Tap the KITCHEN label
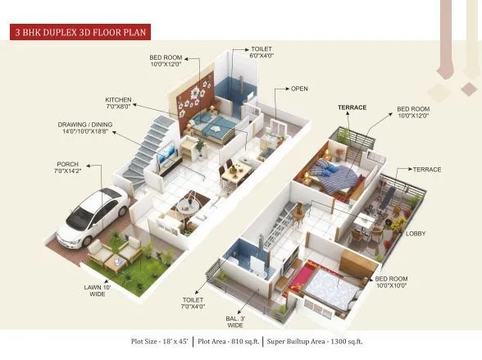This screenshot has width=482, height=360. pyautogui.click(x=120, y=104)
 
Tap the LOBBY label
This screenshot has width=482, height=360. pyautogui.click(x=416, y=234)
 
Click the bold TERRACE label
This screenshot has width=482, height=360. pyautogui.click(x=352, y=108)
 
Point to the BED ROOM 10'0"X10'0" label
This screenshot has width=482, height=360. pyautogui.click(x=392, y=284)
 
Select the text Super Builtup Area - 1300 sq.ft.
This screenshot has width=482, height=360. pyautogui.click(x=313, y=340)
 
